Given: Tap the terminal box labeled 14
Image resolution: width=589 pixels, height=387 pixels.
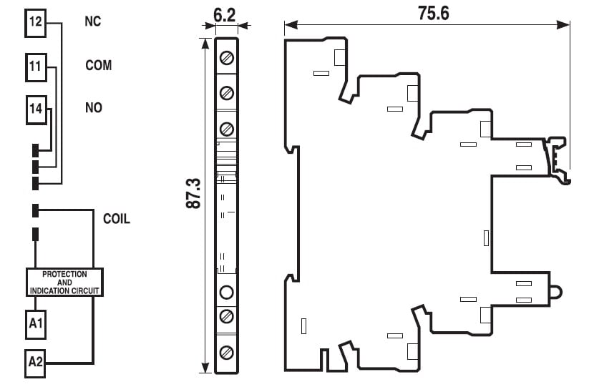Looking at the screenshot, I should click(36, 109).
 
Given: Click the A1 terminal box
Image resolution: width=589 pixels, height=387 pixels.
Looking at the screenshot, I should click(36, 324).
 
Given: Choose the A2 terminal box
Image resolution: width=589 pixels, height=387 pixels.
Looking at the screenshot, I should click(36, 362).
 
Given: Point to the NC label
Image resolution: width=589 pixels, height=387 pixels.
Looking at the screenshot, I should click(92, 21).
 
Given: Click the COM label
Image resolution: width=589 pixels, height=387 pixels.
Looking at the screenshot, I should click(99, 65).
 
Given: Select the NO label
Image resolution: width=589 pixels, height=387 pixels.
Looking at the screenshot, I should click(93, 108).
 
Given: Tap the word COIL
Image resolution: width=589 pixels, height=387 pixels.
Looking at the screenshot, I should click(117, 219).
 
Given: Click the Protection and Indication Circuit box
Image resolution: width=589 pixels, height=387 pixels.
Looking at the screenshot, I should click(64, 283).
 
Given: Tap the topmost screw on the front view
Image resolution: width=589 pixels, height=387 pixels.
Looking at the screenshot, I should click(227, 57).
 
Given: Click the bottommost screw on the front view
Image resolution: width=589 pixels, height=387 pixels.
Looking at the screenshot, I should click(227, 352).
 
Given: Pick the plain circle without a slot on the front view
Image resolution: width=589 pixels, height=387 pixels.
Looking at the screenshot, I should click(227, 292).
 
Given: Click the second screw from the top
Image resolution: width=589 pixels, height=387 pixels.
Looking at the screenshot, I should click(227, 92).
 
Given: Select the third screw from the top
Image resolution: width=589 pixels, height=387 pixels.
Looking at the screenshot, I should click(227, 129).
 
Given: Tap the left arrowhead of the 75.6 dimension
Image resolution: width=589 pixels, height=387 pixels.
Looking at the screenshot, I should click(288, 26).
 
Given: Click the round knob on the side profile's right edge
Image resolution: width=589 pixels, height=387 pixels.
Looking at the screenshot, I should click(556, 293).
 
